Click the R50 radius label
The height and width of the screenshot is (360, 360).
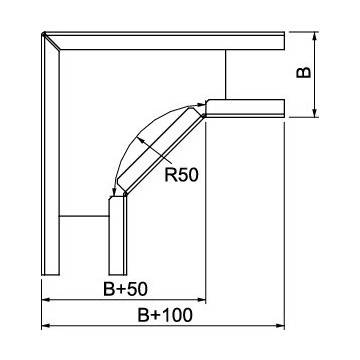[x=181, y=175]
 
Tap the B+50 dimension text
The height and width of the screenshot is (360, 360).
[x=125, y=289]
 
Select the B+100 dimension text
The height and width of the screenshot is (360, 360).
[x=165, y=315]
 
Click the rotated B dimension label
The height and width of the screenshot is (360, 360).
[x=304, y=72]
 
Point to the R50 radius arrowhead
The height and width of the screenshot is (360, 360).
[x=141, y=141]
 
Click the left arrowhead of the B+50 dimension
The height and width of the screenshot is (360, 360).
[x=45, y=300]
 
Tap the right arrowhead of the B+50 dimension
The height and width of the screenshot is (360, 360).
[x=202, y=300]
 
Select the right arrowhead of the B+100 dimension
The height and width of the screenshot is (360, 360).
[x=280, y=326]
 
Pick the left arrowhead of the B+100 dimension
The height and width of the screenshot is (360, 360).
[x=45, y=326]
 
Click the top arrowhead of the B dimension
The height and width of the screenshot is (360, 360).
[x=314, y=36]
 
